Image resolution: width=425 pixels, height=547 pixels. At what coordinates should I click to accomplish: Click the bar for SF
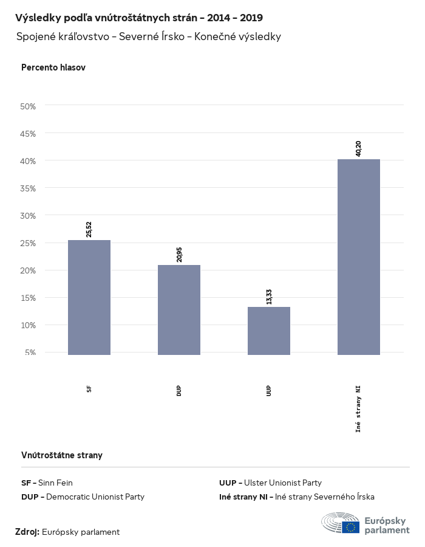click(89, 297)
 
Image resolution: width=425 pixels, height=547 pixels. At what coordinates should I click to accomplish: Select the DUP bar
click(179, 310)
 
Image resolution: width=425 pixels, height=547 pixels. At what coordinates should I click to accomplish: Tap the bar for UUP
click(269, 331)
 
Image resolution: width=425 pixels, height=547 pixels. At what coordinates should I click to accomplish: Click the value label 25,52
click(89, 229)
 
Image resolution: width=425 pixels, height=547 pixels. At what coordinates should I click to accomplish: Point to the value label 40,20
click(359, 148)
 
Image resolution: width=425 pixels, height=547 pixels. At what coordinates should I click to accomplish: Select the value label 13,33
click(269, 296)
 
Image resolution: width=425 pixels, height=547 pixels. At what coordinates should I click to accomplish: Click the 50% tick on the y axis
click(29, 106)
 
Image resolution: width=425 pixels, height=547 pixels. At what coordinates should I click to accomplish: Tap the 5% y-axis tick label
click(30, 353)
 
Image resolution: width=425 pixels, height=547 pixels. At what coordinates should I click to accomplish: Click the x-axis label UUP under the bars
click(269, 390)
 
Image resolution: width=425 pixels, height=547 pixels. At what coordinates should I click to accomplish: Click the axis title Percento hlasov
click(53, 67)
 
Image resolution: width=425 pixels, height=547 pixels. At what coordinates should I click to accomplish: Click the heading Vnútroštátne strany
click(62, 455)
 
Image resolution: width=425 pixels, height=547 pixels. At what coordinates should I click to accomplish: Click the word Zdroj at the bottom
click(27, 532)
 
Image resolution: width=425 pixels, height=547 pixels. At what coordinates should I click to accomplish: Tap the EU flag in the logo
click(350, 527)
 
